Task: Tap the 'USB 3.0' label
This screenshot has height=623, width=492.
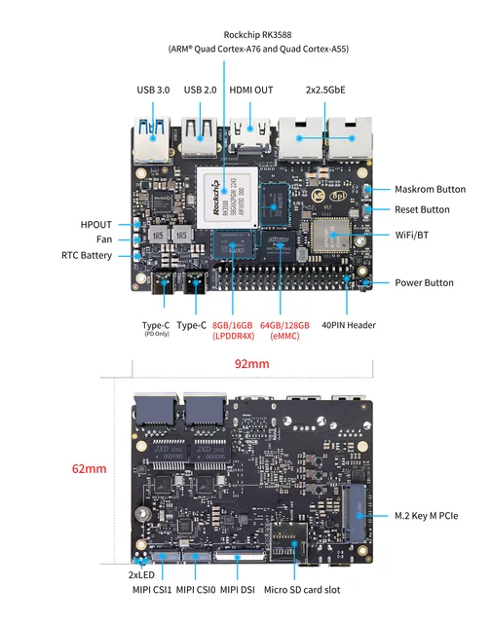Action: click(153, 90)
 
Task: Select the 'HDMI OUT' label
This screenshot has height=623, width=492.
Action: click(251, 90)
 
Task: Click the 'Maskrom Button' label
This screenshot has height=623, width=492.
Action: click(430, 189)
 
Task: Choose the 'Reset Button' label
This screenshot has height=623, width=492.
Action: click(422, 209)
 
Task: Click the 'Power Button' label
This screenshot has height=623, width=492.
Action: click(424, 282)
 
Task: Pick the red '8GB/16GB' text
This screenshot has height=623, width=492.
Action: click(232, 325)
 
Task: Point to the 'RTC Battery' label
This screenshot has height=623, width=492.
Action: click(87, 256)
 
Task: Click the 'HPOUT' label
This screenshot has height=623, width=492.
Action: click(96, 225)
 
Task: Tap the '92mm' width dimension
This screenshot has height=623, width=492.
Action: click(251, 364)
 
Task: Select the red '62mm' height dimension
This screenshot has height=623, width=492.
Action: click(89, 468)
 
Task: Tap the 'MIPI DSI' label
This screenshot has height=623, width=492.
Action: click(238, 590)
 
